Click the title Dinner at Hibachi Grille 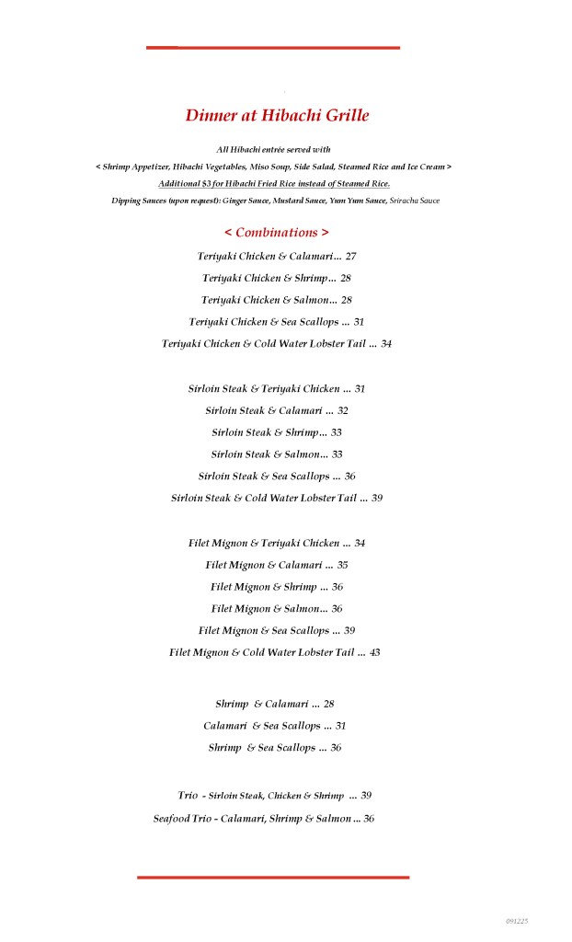point(277,116)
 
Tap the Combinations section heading point(276,233)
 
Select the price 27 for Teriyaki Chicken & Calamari point(351,256)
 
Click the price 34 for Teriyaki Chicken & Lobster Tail point(386,344)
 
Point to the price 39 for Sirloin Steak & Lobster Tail point(377,499)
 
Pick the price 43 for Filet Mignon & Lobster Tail point(375,653)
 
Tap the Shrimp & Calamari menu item point(261,705)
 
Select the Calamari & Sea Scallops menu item point(261,727)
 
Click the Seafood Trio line point(252,819)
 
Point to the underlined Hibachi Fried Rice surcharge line point(273,183)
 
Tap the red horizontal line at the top point(273,47)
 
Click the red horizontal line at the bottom point(273,878)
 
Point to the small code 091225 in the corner point(517,921)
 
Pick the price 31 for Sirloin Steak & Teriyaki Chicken point(360,389)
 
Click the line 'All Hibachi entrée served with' point(273,149)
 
